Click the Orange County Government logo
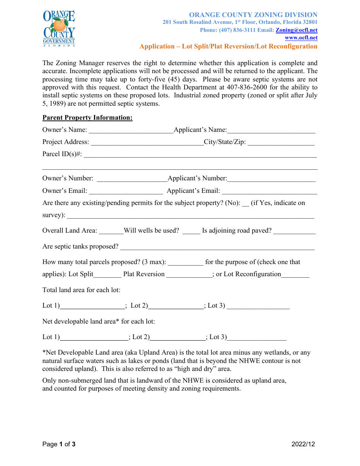(x=59, y=28)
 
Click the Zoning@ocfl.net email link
(x=296, y=30)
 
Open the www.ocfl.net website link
(x=301, y=38)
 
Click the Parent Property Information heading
(x=88, y=117)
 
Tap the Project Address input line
(x=147, y=143)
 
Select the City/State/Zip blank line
(x=281, y=143)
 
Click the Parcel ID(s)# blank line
(x=200, y=155)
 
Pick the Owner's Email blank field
(x=126, y=191)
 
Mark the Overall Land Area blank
(x=111, y=231)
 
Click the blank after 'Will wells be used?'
(x=191, y=231)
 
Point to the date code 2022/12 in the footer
(x=303, y=444)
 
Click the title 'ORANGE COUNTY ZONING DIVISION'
(x=253, y=15)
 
